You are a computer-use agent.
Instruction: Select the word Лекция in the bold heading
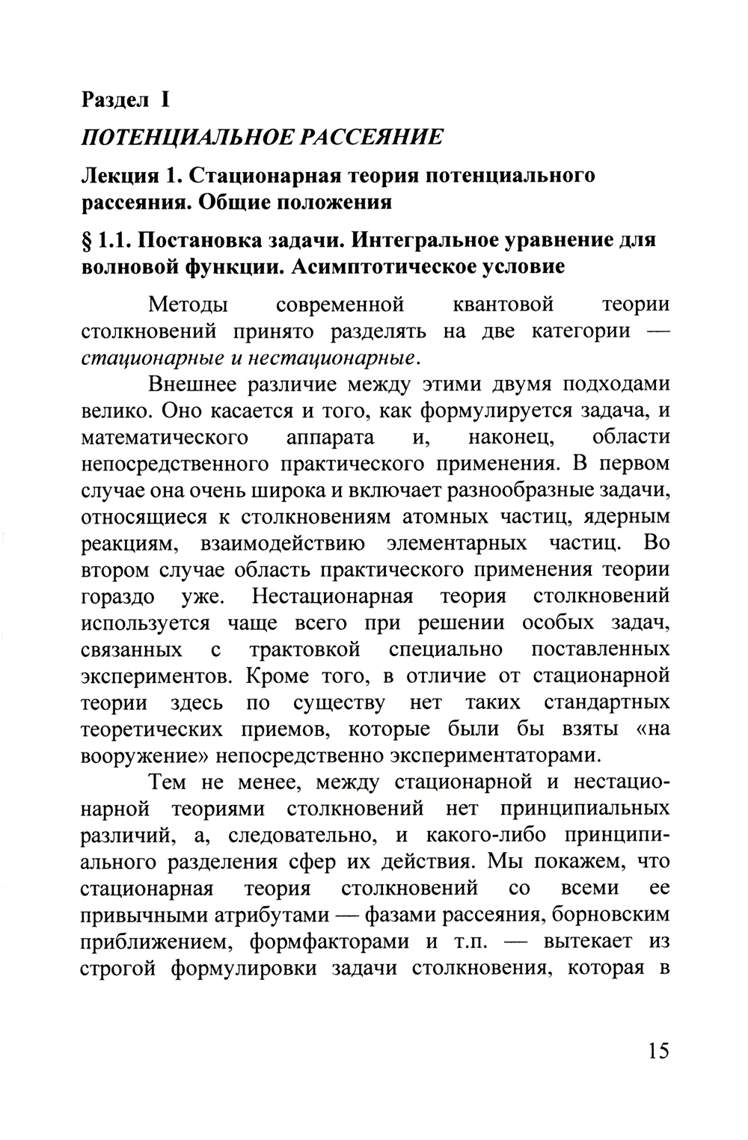[x=120, y=176]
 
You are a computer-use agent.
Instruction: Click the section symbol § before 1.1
[x=88, y=240]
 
